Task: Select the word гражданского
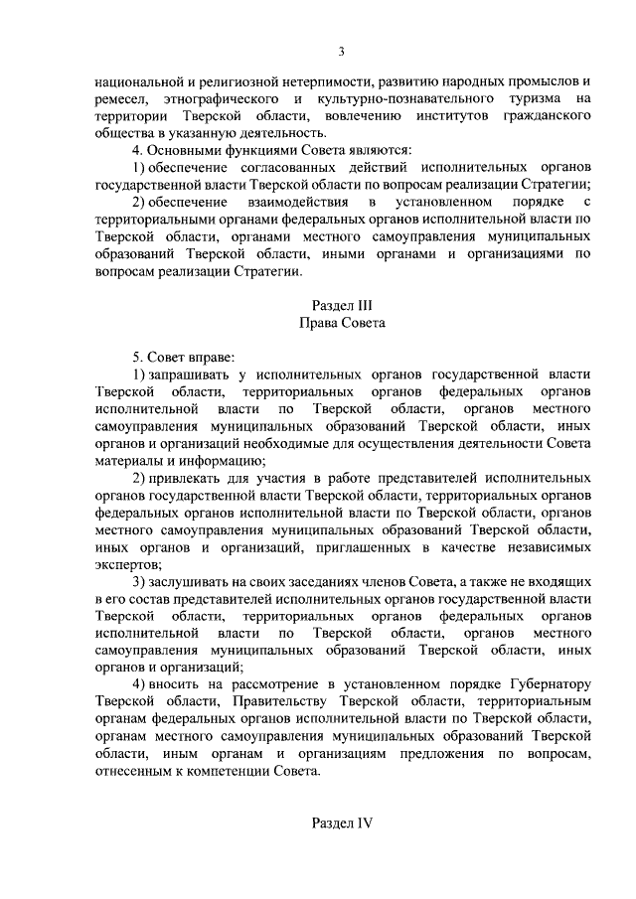[541, 118]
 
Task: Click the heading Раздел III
[341, 305]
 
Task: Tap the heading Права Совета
[341, 324]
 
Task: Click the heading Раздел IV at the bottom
[341, 824]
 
